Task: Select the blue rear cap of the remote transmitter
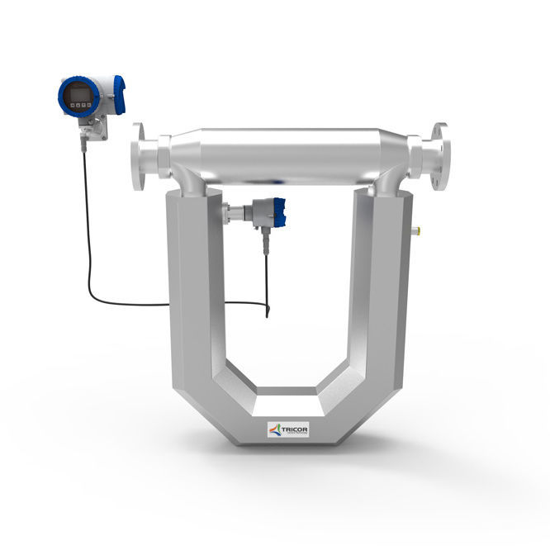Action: pos(119,93)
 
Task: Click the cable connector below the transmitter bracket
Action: pos(85,142)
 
